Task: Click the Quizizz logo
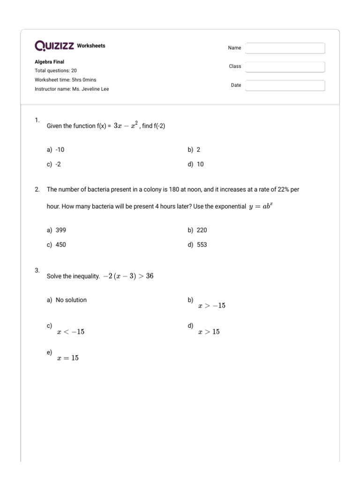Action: tap(54, 46)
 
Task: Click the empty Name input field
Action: tap(285, 48)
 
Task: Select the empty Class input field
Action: tap(285, 67)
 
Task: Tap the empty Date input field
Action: tap(285, 86)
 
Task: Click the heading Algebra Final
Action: tap(50, 62)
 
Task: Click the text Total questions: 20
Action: tap(56, 71)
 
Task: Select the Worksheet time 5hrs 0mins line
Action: tap(65, 80)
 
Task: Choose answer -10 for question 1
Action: tap(60, 150)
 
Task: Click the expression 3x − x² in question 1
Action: tap(126, 126)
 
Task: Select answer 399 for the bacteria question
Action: tap(60, 230)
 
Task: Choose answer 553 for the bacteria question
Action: tap(202, 245)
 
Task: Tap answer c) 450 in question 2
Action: tap(60, 245)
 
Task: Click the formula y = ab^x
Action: tap(261, 206)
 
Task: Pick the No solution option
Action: tap(71, 300)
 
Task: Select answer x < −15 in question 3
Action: tap(70, 332)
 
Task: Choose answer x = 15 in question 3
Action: tap(67, 358)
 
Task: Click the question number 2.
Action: tap(37, 189)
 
